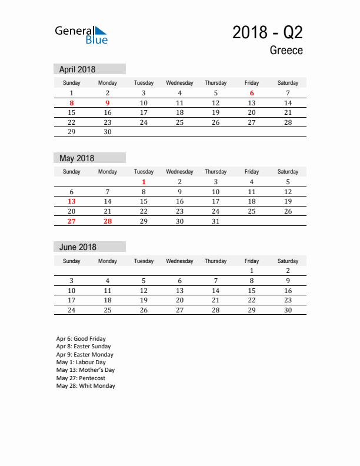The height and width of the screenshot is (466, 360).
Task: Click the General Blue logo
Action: [x=81, y=35]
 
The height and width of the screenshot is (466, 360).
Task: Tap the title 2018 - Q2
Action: [x=268, y=32]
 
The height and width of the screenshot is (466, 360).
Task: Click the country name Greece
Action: [x=286, y=51]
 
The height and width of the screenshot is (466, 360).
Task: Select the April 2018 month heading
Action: [x=78, y=69]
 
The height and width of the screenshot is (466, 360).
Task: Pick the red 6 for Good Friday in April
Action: [x=252, y=93]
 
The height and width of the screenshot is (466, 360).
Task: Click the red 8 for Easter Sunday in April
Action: [x=72, y=103]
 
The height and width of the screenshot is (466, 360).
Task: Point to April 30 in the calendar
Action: [x=108, y=132]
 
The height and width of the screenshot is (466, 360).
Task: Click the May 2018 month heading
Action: [x=76, y=158]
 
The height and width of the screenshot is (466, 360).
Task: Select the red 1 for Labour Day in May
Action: [x=144, y=182]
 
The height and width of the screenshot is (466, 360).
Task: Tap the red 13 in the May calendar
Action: [x=72, y=201]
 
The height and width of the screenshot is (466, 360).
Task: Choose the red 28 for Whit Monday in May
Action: [x=108, y=221]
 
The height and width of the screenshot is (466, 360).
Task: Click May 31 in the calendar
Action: [x=216, y=221]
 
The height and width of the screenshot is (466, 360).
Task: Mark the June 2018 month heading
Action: [x=78, y=247]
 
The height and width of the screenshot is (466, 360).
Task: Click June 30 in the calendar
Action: [x=288, y=310]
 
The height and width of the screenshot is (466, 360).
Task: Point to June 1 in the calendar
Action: [x=252, y=271]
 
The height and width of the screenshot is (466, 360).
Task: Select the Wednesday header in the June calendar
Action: [x=179, y=261]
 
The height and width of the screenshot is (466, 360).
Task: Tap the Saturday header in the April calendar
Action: [x=288, y=83]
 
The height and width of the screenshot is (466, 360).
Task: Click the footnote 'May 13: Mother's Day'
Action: [x=85, y=370]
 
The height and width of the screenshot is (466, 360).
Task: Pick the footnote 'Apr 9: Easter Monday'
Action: [x=85, y=355]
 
